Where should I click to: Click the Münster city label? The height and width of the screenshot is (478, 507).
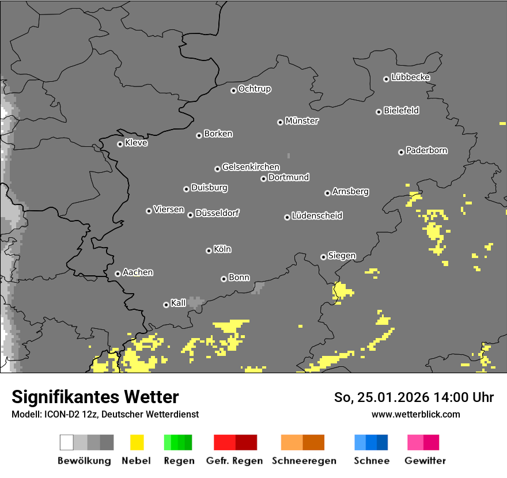click(x=302, y=121)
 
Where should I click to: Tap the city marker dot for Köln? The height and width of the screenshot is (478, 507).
click(x=209, y=251)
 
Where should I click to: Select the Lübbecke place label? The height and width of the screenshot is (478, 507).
click(x=410, y=77)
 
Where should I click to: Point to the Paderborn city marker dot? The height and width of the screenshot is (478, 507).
click(x=401, y=152)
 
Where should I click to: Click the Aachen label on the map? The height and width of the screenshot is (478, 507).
click(x=138, y=272)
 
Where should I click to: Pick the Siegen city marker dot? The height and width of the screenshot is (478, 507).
click(x=323, y=257)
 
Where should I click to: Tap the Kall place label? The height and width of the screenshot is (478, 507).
click(x=179, y=303)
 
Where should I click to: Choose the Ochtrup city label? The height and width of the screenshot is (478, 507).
click(x=255, y=89)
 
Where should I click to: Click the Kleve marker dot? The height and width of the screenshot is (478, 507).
click(x=120, y=144)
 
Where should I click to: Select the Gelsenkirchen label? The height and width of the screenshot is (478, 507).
click(x=251, y=167)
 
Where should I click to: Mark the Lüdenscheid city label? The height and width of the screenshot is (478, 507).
click(x=317, y=216)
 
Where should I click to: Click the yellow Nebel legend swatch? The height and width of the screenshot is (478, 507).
click(x=137, y=442)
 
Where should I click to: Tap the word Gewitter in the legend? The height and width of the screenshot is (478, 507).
click(x=425, y=461)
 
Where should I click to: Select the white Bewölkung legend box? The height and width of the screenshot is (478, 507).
click(x=67, y=442)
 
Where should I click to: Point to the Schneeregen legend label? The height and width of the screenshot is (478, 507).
click(x=304, y=461)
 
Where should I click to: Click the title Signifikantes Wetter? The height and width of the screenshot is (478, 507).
click(x=95, y=397)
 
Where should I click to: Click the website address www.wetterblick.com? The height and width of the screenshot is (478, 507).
click(x=415, y=414)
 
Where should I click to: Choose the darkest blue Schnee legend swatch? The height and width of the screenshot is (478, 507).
click(x=383, y=442)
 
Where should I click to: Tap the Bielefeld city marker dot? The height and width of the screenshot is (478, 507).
click(x=379, y=112)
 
